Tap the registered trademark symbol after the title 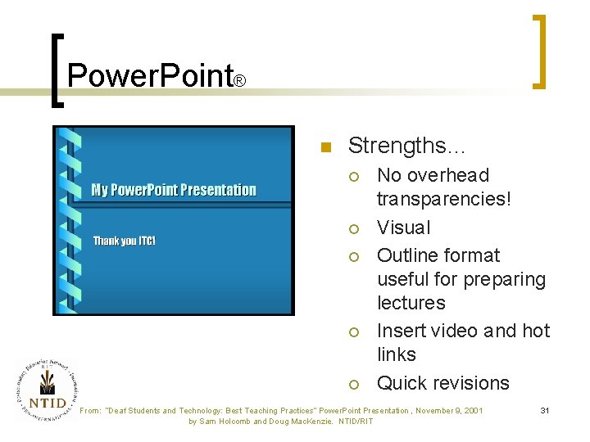pyautogui.click(x=240, y=82)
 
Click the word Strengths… pyautogui.click(x=406, y=146)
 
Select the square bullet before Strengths pyautogui.click(x=324, y=148)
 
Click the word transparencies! pyautogui.click(x=443, y=199)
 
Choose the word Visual pyautogui.click(x=403, y=228)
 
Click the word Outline pyautogui.click(x=410, y=255)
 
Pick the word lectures pyautogui.click(x=411, y=303)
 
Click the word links pyautogui.click(x=396, y=354)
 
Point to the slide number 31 pyautogui.click(x=544, y=410)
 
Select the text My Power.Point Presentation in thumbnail pyautogui.click(x=174, y=190)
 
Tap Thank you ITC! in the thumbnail pyautogui.click(x=124, y=241)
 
